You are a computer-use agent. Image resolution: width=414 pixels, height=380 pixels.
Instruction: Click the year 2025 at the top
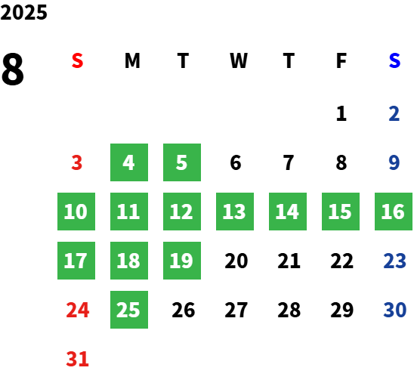point(23,12)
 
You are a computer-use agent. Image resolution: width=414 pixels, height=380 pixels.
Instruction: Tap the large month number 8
point(12,69)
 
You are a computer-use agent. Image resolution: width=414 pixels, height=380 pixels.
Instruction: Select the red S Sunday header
point(77,60)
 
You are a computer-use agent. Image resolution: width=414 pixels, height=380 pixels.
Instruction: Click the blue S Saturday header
point(394,60)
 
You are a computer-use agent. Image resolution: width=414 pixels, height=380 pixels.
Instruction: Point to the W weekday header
point(239,60)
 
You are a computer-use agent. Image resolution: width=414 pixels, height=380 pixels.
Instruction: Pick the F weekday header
point(341,60)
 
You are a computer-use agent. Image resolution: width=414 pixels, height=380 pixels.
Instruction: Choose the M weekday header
point(132,60)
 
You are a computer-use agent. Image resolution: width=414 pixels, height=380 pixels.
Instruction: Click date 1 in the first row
point(341,113)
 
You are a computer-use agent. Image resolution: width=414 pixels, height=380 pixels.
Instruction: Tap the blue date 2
point(394,113)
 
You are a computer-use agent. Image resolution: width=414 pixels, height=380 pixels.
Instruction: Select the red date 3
point(77,162)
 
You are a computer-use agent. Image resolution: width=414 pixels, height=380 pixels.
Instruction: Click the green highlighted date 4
point(129,162)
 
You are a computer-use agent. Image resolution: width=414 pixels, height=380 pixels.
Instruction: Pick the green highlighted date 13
point(235,212)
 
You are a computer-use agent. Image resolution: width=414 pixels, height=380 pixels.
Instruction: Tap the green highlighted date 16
point(394,212)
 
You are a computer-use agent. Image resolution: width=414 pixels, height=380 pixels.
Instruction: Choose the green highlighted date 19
point(182,261)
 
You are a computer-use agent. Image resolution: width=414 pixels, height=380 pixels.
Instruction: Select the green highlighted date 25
point(129,310)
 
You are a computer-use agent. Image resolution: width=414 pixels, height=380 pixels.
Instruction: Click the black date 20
point(236,261)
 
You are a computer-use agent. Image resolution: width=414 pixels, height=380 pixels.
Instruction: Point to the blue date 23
point(394,261)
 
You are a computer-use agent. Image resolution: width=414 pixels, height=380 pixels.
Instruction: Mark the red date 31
point(77,359)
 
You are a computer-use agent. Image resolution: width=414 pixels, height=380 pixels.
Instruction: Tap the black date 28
point(289,310)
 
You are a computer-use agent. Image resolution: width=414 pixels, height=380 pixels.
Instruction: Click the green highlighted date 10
point(76,212)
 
